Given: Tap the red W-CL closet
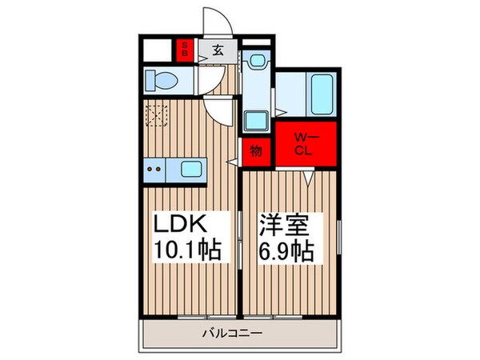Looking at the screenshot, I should pyautogui.click(x=306, y=145).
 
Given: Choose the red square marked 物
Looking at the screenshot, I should pyautogui.click(x=256, y=150).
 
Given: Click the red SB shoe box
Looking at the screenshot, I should pyautogui.click(x=184, y=50).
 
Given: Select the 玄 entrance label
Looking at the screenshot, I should pyautogui.click(x=218, y=50).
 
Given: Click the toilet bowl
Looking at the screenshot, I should pyautogui.click(x=163, y=80).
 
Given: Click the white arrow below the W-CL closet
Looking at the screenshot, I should pyautogui.click(x=307, y=180).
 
